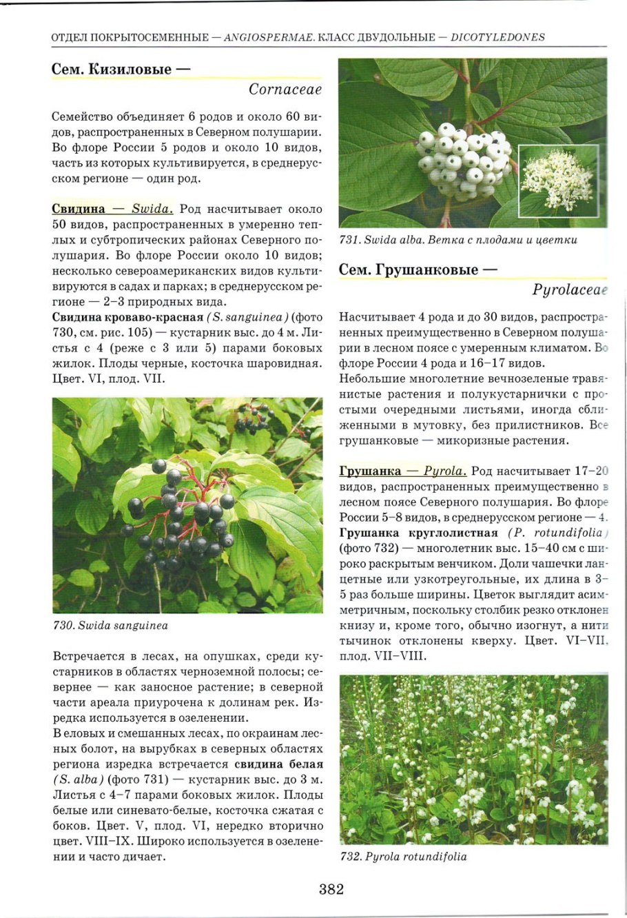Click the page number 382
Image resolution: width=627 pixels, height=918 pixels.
click(331, 888)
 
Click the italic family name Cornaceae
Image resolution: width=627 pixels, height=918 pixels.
click(285, 90)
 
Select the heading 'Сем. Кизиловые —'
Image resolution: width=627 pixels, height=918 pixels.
click(121, 69)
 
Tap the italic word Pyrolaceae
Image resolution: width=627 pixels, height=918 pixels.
click(570, 290)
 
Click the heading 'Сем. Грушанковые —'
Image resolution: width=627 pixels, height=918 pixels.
click(418, 269)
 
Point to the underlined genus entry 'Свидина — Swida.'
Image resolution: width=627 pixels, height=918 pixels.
click(112, 210)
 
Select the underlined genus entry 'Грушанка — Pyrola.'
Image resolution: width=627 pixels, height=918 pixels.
click(402, 471)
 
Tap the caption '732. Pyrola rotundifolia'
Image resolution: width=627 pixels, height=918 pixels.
click(403, 857)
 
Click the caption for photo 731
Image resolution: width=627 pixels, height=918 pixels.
click(458, 240)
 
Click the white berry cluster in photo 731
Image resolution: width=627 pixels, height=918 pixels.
click(463, 160)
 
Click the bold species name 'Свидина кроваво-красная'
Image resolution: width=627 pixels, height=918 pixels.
click(127, 317)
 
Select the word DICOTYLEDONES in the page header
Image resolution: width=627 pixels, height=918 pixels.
click(497, 37)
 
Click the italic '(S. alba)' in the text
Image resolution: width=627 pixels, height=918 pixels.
click(78, 779)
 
